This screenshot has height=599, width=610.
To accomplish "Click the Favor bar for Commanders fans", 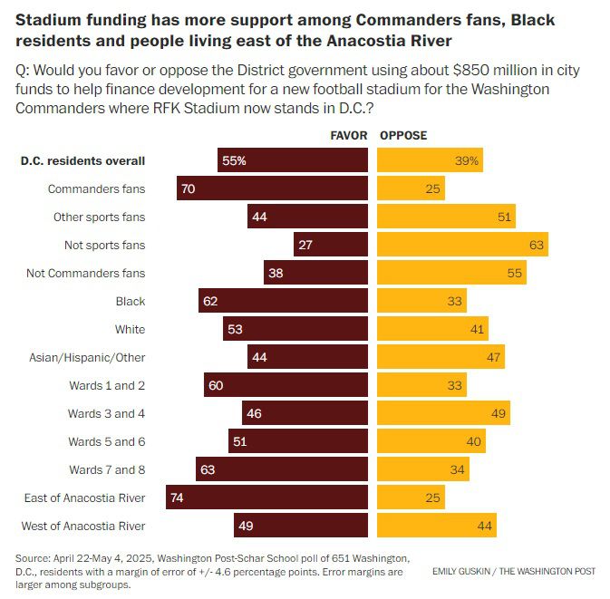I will pyautogui.click(x=272, y=188).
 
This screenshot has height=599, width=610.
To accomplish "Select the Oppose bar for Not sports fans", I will pyautogui.click(x=462, y=245).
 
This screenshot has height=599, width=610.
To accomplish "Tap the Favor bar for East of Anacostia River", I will pyautogui.click(x=266, y=498).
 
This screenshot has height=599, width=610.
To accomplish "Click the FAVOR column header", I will pyautogui.click(x=349, y=136).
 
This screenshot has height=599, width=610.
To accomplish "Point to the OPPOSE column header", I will pyautogui.click(x=403, y=136).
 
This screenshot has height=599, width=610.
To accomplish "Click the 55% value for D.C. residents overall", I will pyautogui.click(x=234, y=160).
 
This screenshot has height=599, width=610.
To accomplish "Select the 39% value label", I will pyautogui.click(x=469, y=160).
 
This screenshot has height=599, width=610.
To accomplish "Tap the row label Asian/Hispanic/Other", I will pyautogui.click(x=87, y=357).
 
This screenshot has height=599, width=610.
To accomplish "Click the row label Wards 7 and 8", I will pyautogui.click(x=107, y=469).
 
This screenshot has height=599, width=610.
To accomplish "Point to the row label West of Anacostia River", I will pyautogui.click(x=83, y=526).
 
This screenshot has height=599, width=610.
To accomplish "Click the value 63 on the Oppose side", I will pyautogui.click(x=535, y=245).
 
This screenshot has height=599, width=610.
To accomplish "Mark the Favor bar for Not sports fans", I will pyautogui.click(x=331, y=245).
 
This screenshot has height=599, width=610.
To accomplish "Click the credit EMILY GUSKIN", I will pyautogui.click(x=468, y=572).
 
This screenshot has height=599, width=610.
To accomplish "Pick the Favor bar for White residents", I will pyautogui.click(x=295, y=329).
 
